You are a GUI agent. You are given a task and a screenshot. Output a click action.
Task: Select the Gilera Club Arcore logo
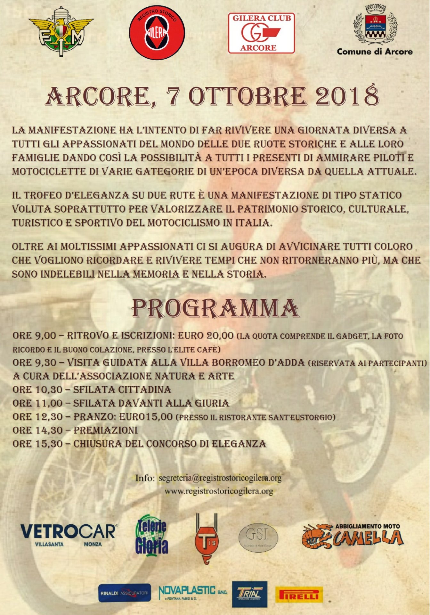(261, 33)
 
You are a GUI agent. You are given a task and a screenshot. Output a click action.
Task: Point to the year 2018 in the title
(347, 96)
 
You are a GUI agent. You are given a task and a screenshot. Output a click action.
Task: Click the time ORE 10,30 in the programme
(37, 389)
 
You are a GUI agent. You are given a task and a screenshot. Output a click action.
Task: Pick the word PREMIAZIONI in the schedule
(106, 430)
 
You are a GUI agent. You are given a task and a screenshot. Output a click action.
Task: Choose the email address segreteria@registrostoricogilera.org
(220, 478)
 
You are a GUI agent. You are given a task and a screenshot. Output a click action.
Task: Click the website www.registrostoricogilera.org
(219, 491)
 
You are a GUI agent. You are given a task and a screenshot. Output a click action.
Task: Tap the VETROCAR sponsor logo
(69, 532)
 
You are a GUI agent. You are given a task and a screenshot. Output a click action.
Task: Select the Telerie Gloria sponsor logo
(151, 535)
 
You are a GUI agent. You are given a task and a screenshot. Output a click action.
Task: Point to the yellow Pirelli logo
(299, 595)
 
